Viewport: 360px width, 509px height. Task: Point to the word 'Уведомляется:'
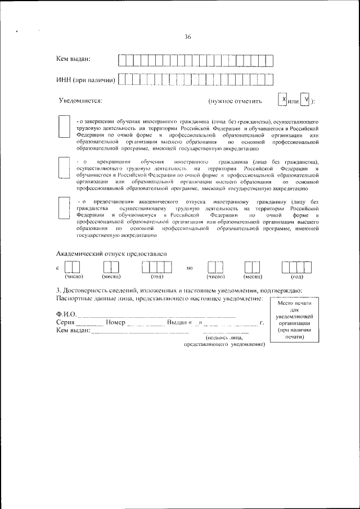click(80, 101)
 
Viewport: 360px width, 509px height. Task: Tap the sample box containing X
click(283, 100)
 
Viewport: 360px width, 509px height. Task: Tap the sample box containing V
click(305, 100)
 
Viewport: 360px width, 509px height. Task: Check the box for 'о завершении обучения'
click(64, 128)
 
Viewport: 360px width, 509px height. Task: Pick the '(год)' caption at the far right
click(297, 277)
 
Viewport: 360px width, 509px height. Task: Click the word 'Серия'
click(66, 323)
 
